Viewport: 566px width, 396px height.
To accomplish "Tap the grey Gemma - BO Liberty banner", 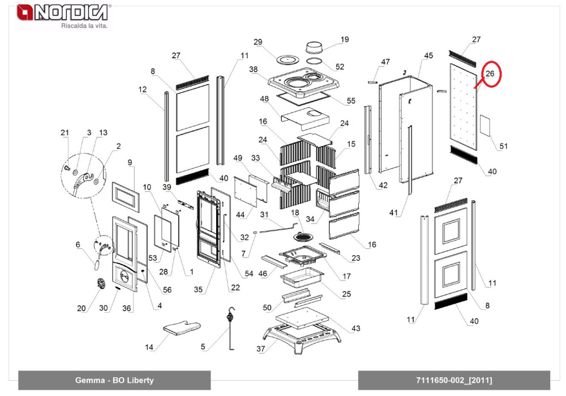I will (x=114, y=380).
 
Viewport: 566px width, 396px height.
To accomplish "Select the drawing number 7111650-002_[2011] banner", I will (x=454, y=380).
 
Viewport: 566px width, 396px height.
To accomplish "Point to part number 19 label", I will (x=345, y=40).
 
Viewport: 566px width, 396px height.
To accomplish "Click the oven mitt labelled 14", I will (x=182, y=326).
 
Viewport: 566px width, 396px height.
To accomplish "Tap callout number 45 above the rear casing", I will (x=428, y=55).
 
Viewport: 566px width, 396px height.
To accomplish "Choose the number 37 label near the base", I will (x=261, y=349).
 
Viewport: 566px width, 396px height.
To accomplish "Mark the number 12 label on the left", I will (x=142, y=89).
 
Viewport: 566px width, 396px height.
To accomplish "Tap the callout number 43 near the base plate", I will (x=355, y=329).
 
